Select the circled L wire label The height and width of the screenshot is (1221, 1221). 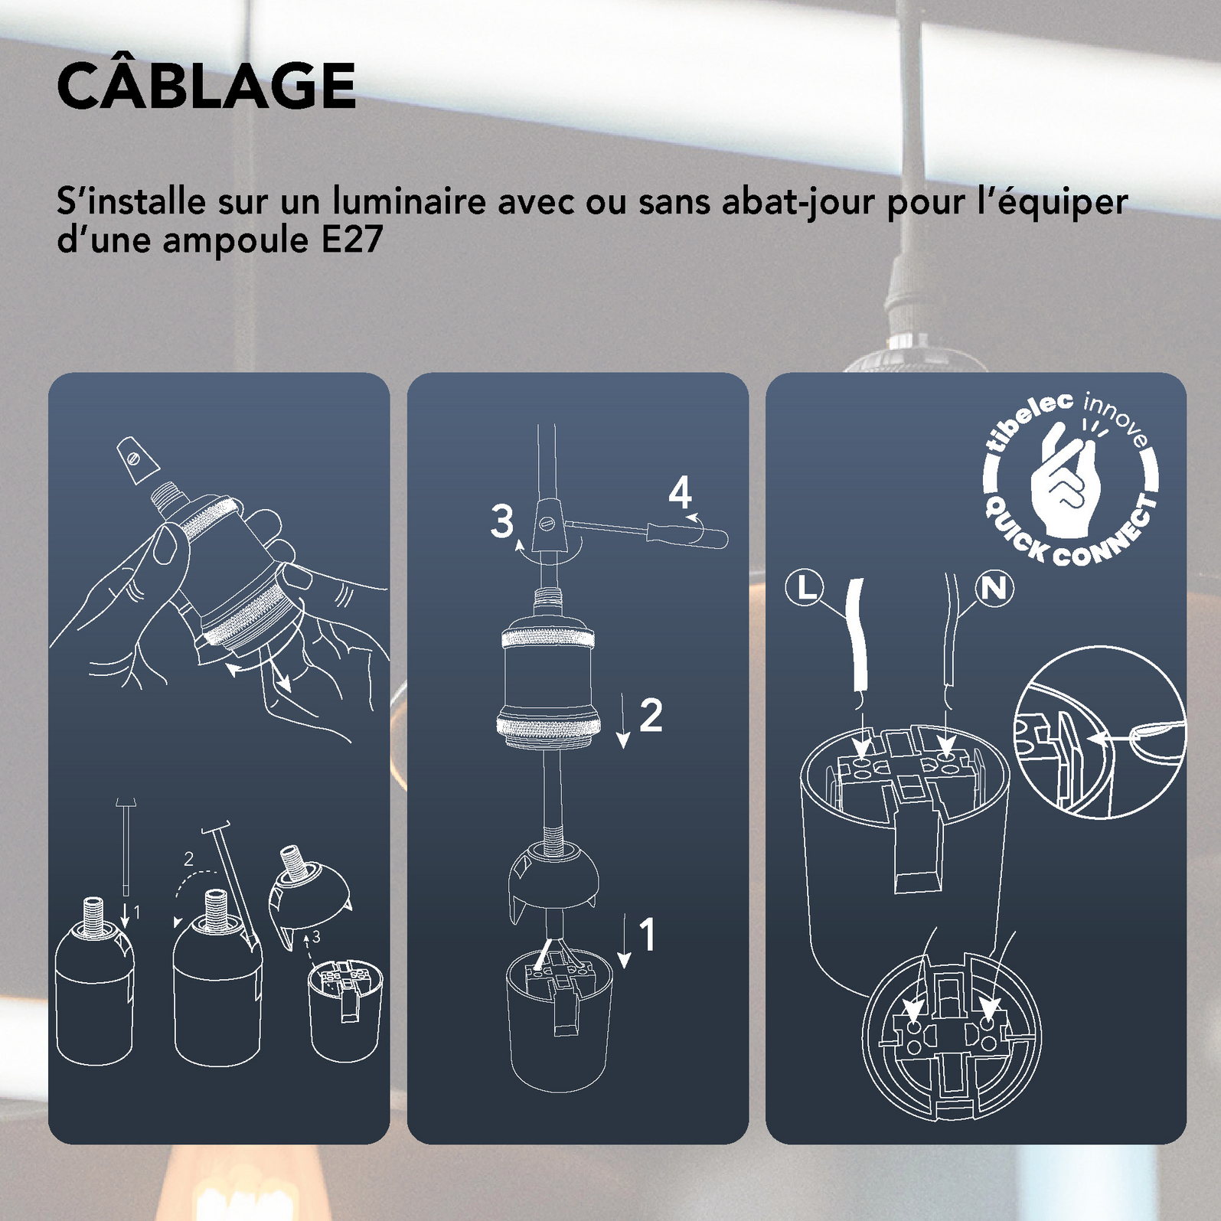point(805,588)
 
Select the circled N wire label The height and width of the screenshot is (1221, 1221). point(994,588)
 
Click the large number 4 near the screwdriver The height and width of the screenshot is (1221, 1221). point(680,493)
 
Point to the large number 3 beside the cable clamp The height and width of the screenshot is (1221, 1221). point(502,521)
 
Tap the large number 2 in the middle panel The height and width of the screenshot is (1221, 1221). point(650,715)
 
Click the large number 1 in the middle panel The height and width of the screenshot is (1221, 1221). point(648,935)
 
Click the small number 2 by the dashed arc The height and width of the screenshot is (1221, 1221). point(188,860)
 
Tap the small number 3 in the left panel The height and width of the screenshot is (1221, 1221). point(316,936)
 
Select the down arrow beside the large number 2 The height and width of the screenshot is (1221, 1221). point(623,720)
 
